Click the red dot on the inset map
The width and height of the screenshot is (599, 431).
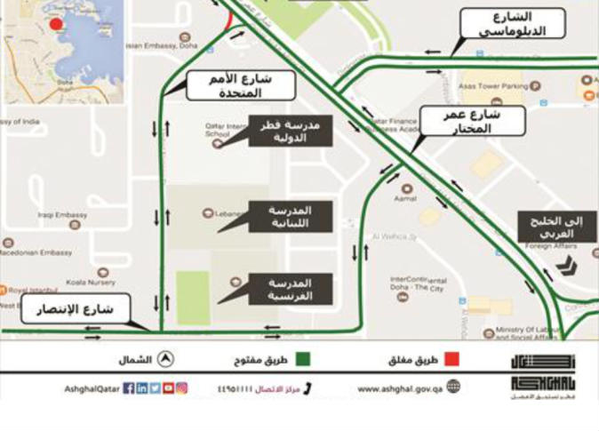(x=56, y=24)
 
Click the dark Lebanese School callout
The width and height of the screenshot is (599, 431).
(x=290, y=216)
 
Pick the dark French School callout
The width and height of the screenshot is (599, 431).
(x=290, y=289)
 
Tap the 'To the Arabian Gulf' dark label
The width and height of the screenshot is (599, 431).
(x=557, y=227)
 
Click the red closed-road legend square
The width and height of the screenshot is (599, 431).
(x=451, y=360)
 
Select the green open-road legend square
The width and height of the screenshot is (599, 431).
(x=304, y=360)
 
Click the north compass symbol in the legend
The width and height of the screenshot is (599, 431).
(x=166, y=359)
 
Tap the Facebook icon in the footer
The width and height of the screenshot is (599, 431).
(x=129, y=388)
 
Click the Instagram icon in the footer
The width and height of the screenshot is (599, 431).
(x=181, y=388)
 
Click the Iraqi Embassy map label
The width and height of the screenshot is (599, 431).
(x=63, y=214)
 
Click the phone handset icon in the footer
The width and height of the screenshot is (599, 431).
(x=307, y=388)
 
